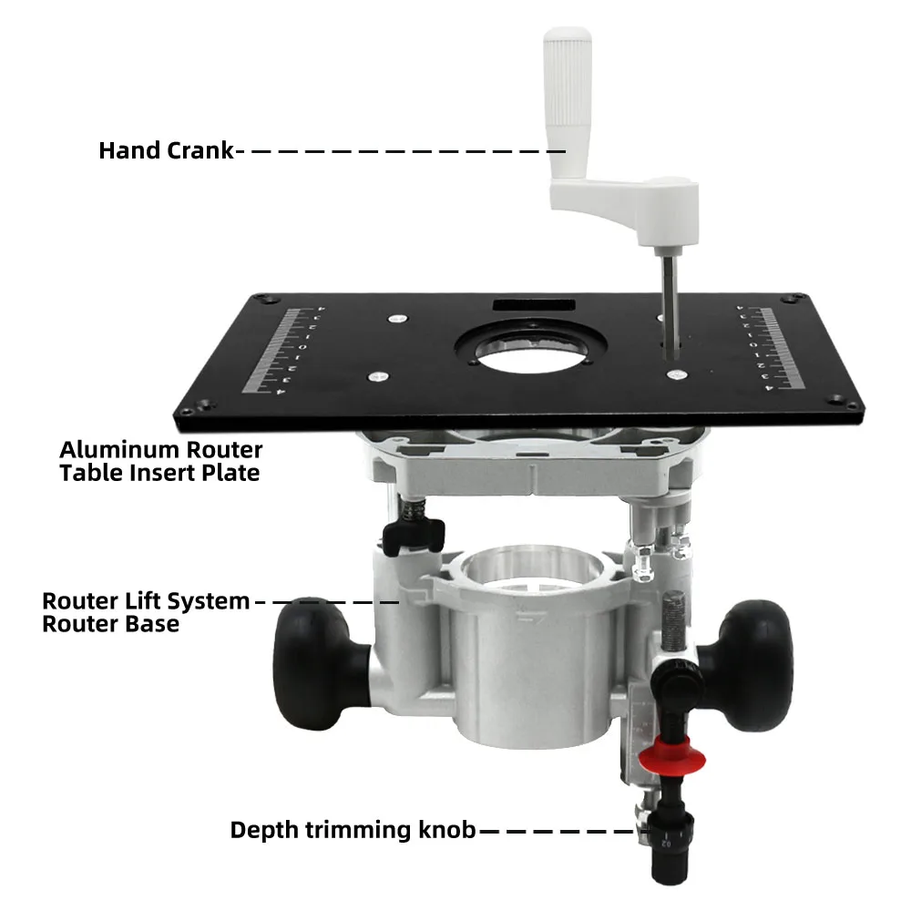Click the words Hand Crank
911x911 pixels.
pyautogui.click(x=166, y=150)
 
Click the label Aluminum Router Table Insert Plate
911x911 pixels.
pyautogui.click(x=160, y=461)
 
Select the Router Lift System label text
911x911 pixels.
pyautogui.click(x=146, y=601)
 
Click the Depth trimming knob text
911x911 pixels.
pyautogui.click(x=353, y=830)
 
